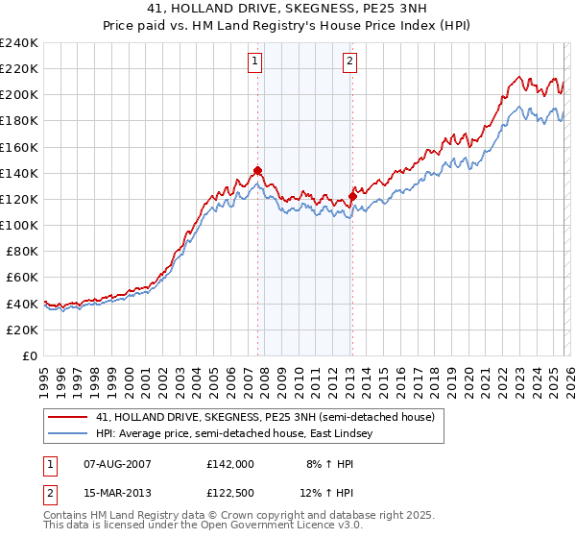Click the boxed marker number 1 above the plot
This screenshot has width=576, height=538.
[255, 62]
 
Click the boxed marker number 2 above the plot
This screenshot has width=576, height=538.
[348, 62]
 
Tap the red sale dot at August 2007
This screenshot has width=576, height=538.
[257, 171]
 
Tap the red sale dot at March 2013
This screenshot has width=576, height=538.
[352, 196]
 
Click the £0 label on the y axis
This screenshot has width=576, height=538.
[31, 355]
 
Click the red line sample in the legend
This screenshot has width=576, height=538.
[68, 417]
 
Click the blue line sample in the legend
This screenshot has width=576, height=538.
[68, 434]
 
